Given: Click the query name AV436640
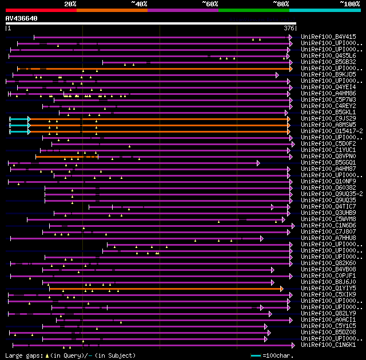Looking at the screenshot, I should coord(22,18).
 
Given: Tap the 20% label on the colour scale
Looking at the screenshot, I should coord(70,4).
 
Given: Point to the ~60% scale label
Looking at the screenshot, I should coord(210,4).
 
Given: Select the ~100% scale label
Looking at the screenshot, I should coord(349,4).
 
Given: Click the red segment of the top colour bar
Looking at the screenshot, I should coord(41,10).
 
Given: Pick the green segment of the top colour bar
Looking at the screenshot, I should coord(253,10).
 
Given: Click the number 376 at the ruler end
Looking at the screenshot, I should coord(289,28).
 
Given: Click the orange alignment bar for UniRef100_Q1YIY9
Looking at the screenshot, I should coord(166,289).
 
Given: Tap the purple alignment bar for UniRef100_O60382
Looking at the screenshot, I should coord(166,187).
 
